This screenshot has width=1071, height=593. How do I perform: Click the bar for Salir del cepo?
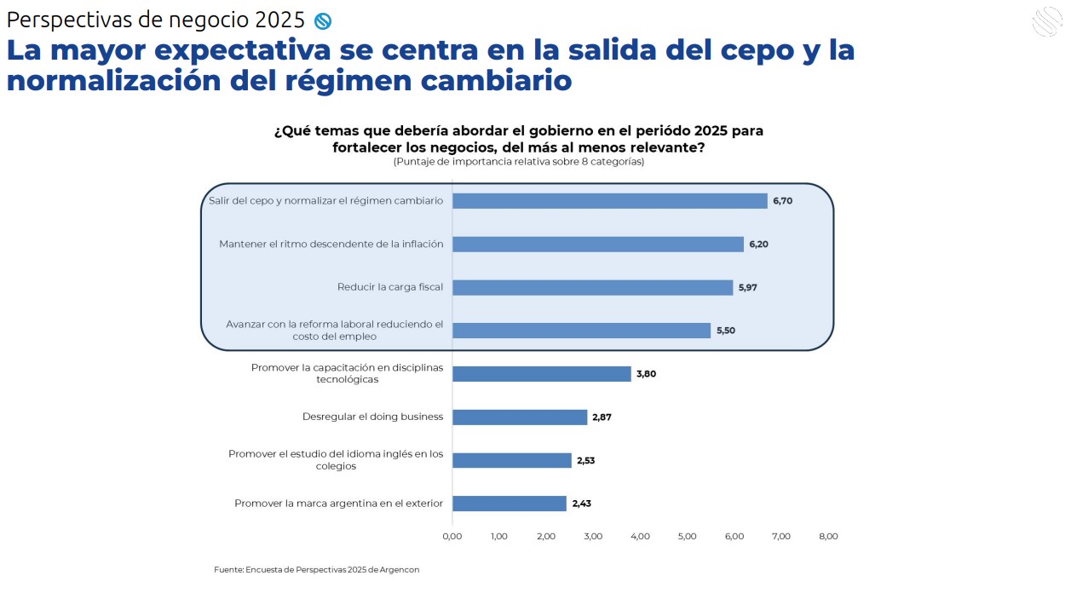coord(609,201)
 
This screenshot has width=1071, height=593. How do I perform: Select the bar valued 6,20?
coord(597,245)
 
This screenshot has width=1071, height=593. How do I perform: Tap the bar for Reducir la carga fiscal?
coord(592,288)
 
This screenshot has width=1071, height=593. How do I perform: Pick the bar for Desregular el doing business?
coord(520,417)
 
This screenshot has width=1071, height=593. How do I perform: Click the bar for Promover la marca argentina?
coord(509,504)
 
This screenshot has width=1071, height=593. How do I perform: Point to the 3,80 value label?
coord(647,374)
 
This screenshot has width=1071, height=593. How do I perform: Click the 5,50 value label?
coord(726,331)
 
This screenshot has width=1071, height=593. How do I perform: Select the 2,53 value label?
coord(586,461)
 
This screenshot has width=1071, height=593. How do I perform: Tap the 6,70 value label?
coord(782,201)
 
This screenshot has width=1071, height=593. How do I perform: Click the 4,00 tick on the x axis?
coord(640,537)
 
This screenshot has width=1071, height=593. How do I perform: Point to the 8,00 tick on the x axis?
coord(828,537)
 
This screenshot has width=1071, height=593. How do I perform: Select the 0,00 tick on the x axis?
coord(452,537)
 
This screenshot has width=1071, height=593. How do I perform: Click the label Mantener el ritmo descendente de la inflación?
coord(331,245)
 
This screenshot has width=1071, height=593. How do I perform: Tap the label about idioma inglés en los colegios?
coord(336,460)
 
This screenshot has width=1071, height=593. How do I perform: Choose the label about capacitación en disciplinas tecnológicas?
coord(347,373)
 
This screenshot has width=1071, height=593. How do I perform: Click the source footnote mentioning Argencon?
coord(317,569)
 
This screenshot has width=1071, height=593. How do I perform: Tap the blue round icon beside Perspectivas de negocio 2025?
coord(322,20)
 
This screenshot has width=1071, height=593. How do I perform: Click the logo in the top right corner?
coord(1048,21)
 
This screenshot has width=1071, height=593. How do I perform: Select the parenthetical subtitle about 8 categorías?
coord(518,162)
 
